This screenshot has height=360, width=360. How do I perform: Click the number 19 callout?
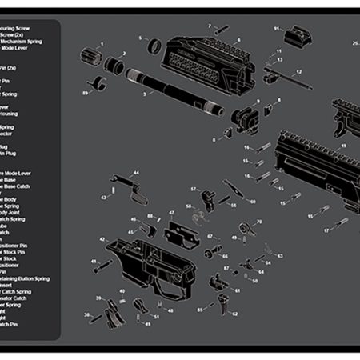coord(342,146)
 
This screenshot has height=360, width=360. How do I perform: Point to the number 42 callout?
coord(101,239)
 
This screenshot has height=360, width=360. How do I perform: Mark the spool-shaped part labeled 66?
coord(214,254)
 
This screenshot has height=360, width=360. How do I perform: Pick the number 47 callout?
coord(170,214)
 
